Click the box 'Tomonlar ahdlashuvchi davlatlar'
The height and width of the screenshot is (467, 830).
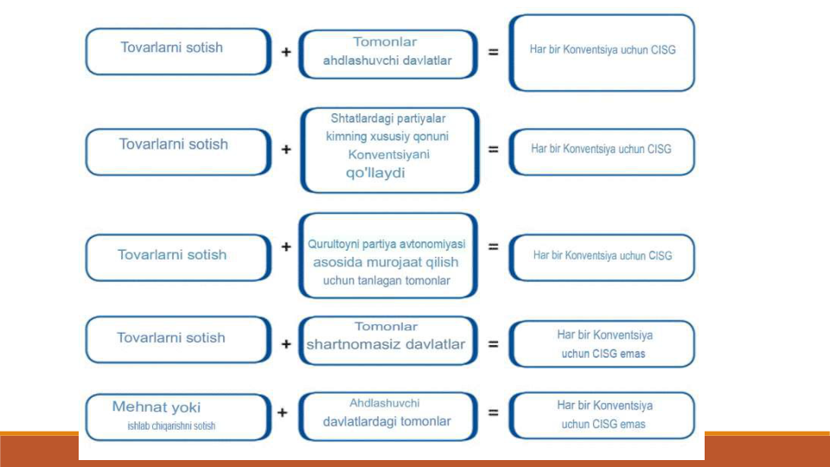(x=388, y=54)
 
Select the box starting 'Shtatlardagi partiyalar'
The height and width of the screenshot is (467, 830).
(x=390, y=150)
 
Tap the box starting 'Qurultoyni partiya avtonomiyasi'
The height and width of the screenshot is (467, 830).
(x=388, y=256)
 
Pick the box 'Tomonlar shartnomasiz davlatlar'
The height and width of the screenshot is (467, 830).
(x=388, y=341)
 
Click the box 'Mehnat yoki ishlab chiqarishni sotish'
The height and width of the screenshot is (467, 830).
(x=178, y=417)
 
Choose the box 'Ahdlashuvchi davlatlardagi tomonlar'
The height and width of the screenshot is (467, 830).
(x=388, y=417)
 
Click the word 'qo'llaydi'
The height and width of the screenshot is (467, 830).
(x=375, y=173)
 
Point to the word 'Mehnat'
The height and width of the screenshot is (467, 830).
(x=135, y=407)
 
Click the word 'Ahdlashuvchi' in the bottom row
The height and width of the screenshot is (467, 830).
(x=384, y=404)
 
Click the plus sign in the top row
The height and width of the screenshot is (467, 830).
(x=286, y=52)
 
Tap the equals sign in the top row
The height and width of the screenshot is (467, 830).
(x=494, y=52)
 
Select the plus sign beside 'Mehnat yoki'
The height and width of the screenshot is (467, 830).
(x=283, y=413)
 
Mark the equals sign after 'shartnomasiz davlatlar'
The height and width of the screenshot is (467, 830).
(x=494, y=344)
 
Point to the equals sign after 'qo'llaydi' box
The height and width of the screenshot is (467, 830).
(x=494, y=150)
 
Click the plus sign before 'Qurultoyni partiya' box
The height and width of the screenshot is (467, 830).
(x=286, y=246)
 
